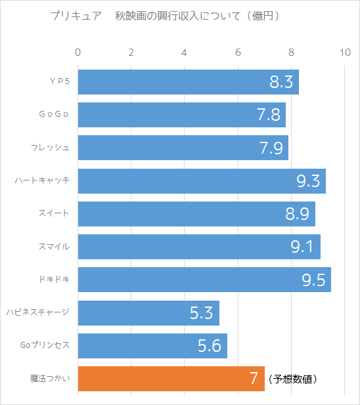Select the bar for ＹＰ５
pos(189,82)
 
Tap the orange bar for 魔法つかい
pos(171,379)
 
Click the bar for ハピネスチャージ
pos(148,313)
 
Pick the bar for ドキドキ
pos(204,280)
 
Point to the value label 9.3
pos(308,181)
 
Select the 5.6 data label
pos(210,346)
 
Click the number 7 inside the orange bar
pos(254,379)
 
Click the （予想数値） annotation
pos(293,379)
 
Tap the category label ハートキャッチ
pos(42,181)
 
